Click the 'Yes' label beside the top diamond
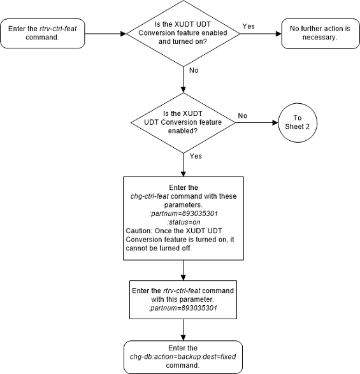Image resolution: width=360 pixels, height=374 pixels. (x=248, y=26)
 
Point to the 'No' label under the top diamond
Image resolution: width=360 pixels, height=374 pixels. (x=194, y=70)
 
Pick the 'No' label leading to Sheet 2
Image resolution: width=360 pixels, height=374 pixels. (x=242, y=116)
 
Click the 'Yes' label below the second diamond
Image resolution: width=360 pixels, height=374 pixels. (x=196, y=156)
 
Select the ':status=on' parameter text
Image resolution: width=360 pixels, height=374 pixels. (x=184, y=222)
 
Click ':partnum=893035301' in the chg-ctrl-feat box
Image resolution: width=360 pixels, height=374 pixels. (x=184, y=213)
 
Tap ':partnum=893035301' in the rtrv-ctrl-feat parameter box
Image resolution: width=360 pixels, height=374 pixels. (x=183, y=308)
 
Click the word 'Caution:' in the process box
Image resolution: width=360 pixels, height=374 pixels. (x=139, y=231)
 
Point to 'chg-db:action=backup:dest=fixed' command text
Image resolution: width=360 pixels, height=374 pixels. (x=183, y=357)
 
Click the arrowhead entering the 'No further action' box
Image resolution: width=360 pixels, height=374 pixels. (x=278, y=34)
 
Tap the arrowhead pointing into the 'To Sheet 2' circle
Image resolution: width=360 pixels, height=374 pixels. (x=275, y=122)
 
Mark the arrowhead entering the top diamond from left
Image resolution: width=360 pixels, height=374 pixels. (x=124, y=34)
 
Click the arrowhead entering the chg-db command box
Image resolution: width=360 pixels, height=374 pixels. (x=184, y=338)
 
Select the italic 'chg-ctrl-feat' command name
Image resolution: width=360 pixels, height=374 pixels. (x=150, y=196)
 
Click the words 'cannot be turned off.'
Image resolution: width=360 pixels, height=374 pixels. (x=159, y=248)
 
